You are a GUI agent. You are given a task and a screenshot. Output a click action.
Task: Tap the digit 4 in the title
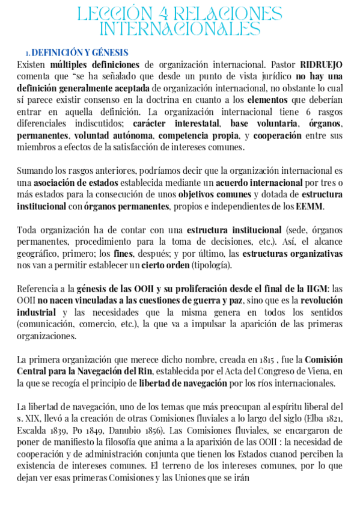[x=165, y=14]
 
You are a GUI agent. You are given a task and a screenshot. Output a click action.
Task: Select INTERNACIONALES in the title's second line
[x=180, y=29]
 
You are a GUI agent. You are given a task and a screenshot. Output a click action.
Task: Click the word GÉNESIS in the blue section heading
[x=108, y=52]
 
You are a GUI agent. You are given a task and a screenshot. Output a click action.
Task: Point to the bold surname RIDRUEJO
[x=321, y=64]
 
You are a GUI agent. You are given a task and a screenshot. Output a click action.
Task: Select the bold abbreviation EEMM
[x=310, y=206]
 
